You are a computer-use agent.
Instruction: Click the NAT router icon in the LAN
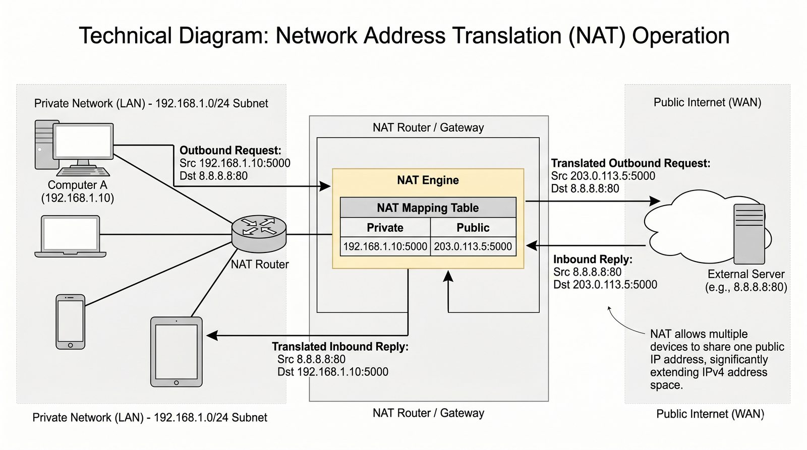pos(259,233)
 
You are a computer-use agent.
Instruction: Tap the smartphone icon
pos(70,322)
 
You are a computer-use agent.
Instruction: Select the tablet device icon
pos(176,352)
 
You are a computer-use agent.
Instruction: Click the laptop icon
pos(71,236)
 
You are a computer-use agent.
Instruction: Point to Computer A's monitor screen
pos(83,142)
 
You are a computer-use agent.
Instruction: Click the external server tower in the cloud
pos(749,234)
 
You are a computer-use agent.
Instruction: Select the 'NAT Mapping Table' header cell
pos(428,208)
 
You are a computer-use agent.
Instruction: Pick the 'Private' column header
pos(385,228)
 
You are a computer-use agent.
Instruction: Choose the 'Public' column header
pos(473,228)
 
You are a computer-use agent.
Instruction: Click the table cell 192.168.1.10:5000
pos(385,246)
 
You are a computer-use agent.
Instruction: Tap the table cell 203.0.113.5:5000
pos(473,246)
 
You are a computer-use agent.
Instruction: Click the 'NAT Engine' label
pos(428,180)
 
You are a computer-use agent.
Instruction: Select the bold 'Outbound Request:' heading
pos(230,150)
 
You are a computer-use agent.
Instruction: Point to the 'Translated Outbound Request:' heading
pos(630,163)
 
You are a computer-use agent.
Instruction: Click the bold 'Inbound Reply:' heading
pos(593,260)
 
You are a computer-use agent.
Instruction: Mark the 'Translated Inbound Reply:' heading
pos(340,347)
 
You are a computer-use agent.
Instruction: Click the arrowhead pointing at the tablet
pos(212,335)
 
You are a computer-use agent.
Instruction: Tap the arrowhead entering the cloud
pos(655,201)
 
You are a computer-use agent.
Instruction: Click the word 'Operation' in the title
pos(680,36)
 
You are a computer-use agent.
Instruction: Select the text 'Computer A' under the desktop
pos(77,185)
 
